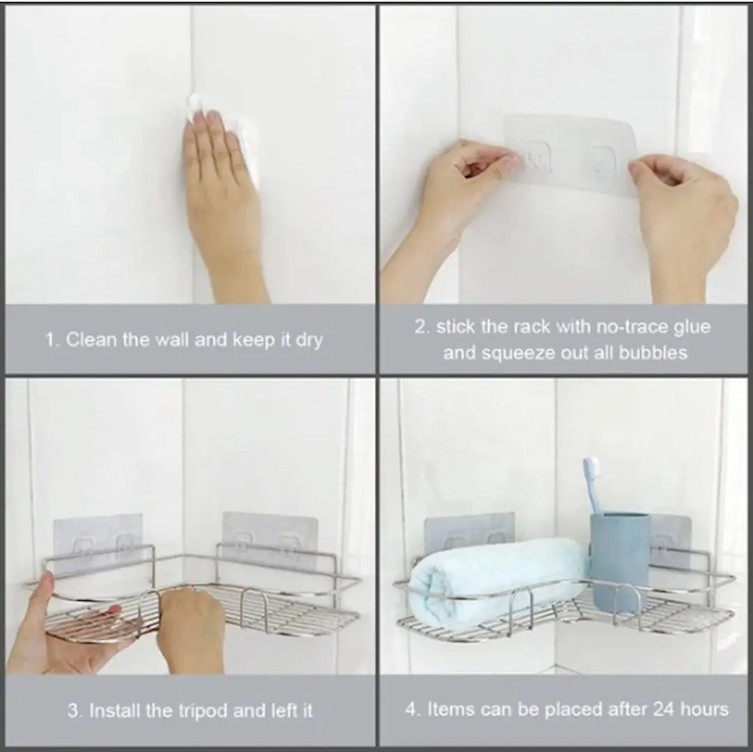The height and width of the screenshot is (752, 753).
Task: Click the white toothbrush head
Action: click(591, 469)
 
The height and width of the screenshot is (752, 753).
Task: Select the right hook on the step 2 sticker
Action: click(602, 159)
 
